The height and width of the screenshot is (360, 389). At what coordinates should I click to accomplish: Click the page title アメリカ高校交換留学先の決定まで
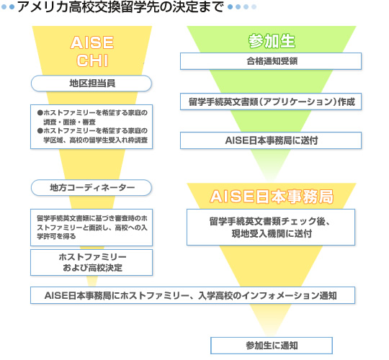pyautogui.click(x=120, y=7)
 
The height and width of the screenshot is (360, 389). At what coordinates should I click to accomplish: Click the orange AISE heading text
pyautogui.click(x=92, y=42)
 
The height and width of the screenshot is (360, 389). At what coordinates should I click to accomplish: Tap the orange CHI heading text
pyautogui.click(x=92, y=60)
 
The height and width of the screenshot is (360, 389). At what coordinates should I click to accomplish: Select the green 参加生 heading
pyautogui.click(x=272, y=41)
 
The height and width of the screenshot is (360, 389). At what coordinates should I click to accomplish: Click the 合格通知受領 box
pyautogui.click(x=271, y=61)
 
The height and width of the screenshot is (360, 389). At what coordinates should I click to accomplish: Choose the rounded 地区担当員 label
pyautogui.click(x=91, y=84)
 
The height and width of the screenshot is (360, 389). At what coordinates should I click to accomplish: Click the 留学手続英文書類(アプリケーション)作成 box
pyautogui.click(x=271, y=102)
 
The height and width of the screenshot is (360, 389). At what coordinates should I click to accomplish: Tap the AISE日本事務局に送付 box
pyautogui.click(x=271, y=140)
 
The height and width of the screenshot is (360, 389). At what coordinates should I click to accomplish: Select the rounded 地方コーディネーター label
pyautogui.click(x=91, y=188)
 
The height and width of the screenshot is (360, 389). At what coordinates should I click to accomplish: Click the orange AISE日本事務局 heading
pyautogui.click(x=272, y=197)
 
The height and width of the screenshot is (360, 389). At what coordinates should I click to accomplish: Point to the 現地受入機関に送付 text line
pyautogui.click(x=272, y=233)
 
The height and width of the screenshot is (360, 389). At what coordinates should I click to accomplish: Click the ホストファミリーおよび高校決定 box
pyautogui.click(x=91, y=262)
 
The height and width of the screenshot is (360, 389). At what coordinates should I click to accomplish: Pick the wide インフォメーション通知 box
pyautogui.click(x=192, y=295)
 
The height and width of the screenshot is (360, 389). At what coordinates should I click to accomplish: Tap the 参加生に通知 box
pyautogui.click(x=272, y=346)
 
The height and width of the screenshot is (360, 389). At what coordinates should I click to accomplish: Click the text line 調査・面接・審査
pyautogui.click(x=69, y=122)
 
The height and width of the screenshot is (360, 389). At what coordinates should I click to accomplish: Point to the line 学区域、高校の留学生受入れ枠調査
pyautogui.click(x=96, y=140)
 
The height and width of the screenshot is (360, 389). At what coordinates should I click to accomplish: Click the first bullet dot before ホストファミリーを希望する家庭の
pyautogui.click(x=40, y=113)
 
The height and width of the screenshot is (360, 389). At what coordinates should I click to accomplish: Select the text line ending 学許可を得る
pyautogui.click(x=56, y=236)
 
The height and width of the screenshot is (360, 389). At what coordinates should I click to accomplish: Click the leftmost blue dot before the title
pyautogui.click(x=4, y=7)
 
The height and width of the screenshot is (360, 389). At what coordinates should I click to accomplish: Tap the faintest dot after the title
pyautogui.click(x=254, y=7)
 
